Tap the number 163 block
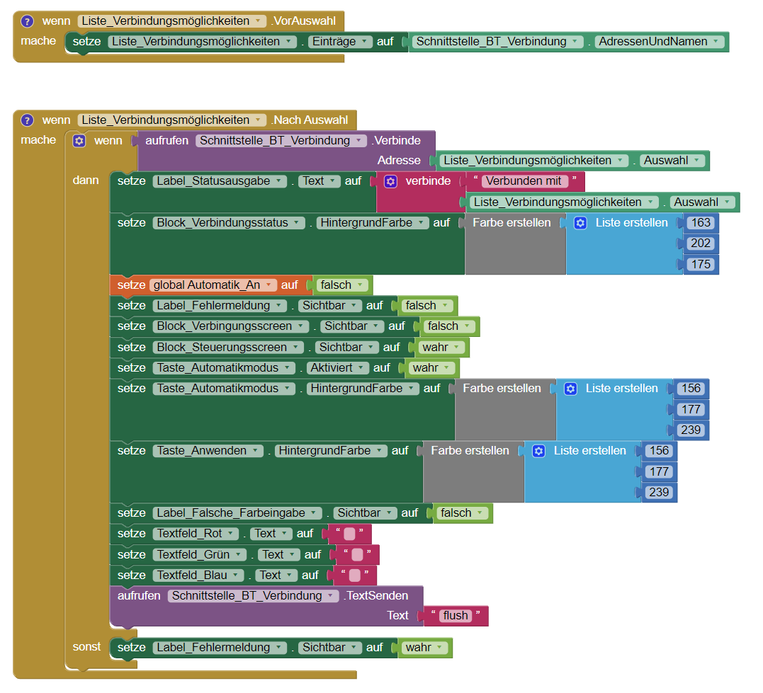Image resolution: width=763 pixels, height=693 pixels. pos(701,222)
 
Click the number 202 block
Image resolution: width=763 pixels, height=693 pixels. pos(701,244)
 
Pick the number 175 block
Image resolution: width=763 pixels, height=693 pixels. pos(701,264)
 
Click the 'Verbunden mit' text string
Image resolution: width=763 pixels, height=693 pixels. pos(525,181)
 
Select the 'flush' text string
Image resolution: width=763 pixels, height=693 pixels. pos(456,616)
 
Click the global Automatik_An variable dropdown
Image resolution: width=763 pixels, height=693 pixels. pos(213,285)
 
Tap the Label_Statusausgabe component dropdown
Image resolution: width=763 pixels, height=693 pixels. pos(220,181)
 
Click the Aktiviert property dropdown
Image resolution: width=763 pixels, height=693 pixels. pos(338,368)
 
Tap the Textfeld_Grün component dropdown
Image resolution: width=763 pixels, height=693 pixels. pos(200,555)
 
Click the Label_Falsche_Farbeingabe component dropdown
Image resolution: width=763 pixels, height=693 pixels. pos(237,513)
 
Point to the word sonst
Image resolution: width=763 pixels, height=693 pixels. pos(86,647)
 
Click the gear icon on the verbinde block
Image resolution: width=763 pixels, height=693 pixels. pos(390,181)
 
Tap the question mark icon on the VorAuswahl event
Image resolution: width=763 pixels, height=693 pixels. pos(28,21)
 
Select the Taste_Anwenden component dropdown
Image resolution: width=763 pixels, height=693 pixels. pos(208,451)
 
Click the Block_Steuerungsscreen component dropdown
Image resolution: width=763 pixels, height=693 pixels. pos(227,348)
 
